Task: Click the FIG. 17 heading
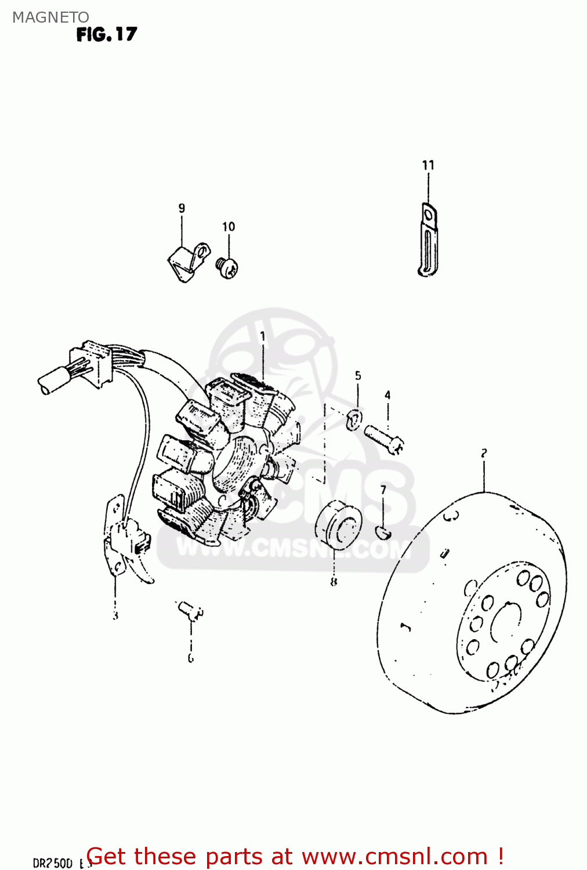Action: (107, 35)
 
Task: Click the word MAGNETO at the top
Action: (50, 17)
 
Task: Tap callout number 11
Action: (428, 165)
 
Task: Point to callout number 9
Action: (182, 208)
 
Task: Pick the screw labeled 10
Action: (228, 267)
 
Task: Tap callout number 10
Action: (229, 227)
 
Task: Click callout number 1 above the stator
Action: (263, 336)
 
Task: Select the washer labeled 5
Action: (354, 419)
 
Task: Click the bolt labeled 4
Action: (384, 438)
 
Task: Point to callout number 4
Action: (387, 396)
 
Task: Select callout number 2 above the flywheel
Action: (483, 453)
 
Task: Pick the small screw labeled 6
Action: (190, 611)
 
